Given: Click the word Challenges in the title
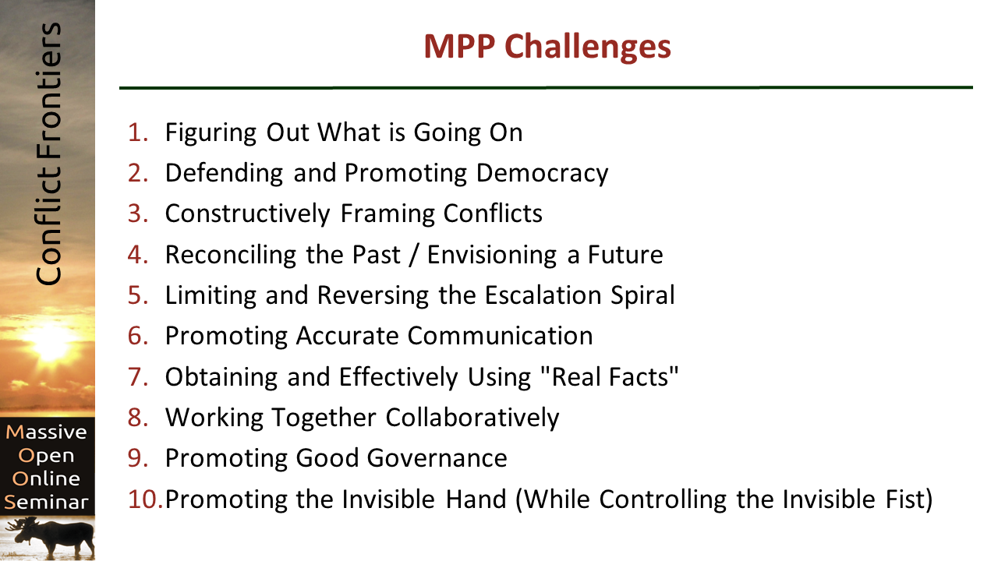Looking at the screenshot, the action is (x=588, y=48).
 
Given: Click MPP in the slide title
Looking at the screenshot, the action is (x=459, y=46).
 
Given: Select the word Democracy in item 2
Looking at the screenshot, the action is (x=542, y=173).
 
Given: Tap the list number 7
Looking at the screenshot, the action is (x=138, y=376).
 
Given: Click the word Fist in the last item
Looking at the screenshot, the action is (x=909, y=499).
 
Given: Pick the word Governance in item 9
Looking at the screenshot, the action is (x=437, y=458).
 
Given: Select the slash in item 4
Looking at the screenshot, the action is (x=414, y=255).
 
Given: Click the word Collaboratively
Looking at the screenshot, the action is (x=472, y=418).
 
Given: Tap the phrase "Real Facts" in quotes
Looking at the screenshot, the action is (x=609, y=377).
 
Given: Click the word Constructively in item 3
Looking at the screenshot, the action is (x=248, y=213).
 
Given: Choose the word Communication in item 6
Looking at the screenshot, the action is (x=501, y=336).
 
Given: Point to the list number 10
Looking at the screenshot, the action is (x=146, y=499).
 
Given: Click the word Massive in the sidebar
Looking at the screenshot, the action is (x=46, y=432).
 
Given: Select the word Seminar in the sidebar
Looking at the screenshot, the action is (x=46, y=503).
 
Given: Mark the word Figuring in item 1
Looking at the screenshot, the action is (x=211, y=132).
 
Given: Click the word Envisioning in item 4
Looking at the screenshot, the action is (x=492, y=255).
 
